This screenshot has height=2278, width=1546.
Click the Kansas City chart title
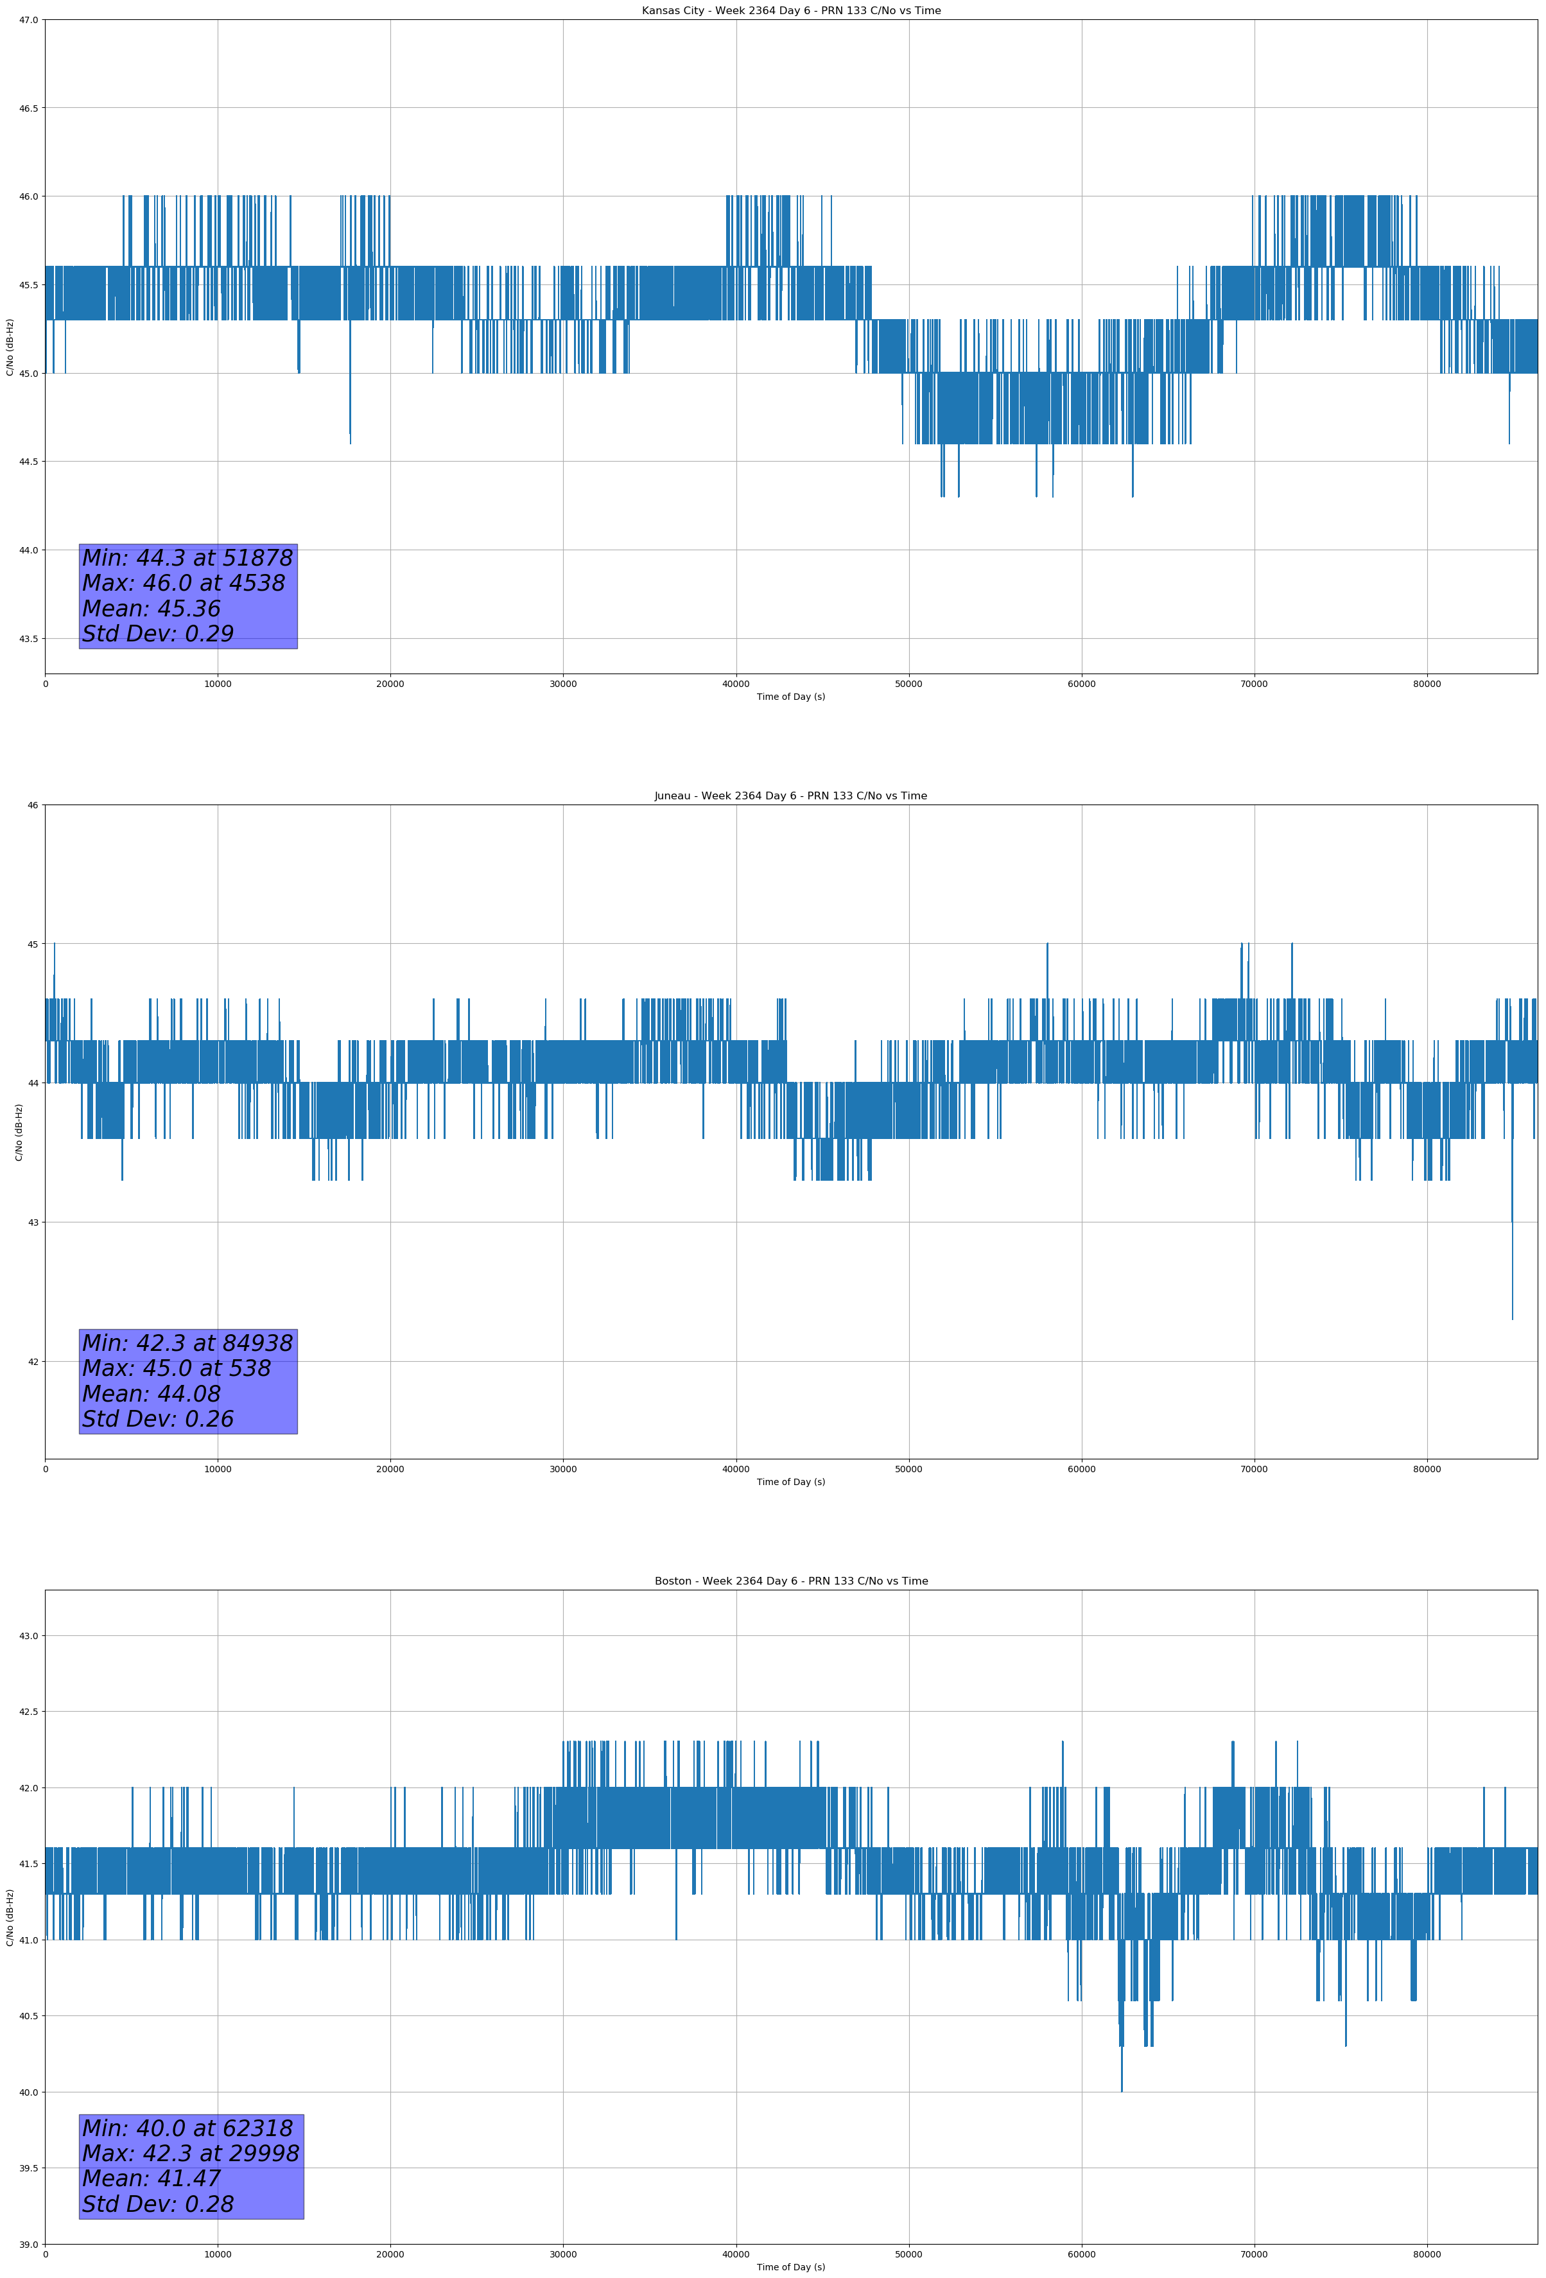tap(790, 11)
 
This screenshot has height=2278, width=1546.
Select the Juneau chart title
tap(790, 796)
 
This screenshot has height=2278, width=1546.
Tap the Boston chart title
tap(790, 1581)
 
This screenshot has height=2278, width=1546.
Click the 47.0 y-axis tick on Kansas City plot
tap(28, 20)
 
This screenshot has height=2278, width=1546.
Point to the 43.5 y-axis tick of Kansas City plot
tap(28, 638)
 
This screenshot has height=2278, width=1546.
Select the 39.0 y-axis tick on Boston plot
tap(28, 2244)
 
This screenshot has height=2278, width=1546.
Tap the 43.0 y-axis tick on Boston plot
tap(28, 1636)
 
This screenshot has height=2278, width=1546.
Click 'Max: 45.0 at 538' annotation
tap(177, 1368)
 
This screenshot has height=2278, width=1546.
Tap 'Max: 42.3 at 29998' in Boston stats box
tap(190, 2153)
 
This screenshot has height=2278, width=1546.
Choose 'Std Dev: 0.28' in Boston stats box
tap(158, 2204)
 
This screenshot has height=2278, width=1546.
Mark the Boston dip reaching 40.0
tap(1122, 2090)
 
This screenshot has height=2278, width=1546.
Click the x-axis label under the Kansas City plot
tap(790, 697)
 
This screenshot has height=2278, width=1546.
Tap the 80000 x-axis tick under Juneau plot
tap(1427, 1469)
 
